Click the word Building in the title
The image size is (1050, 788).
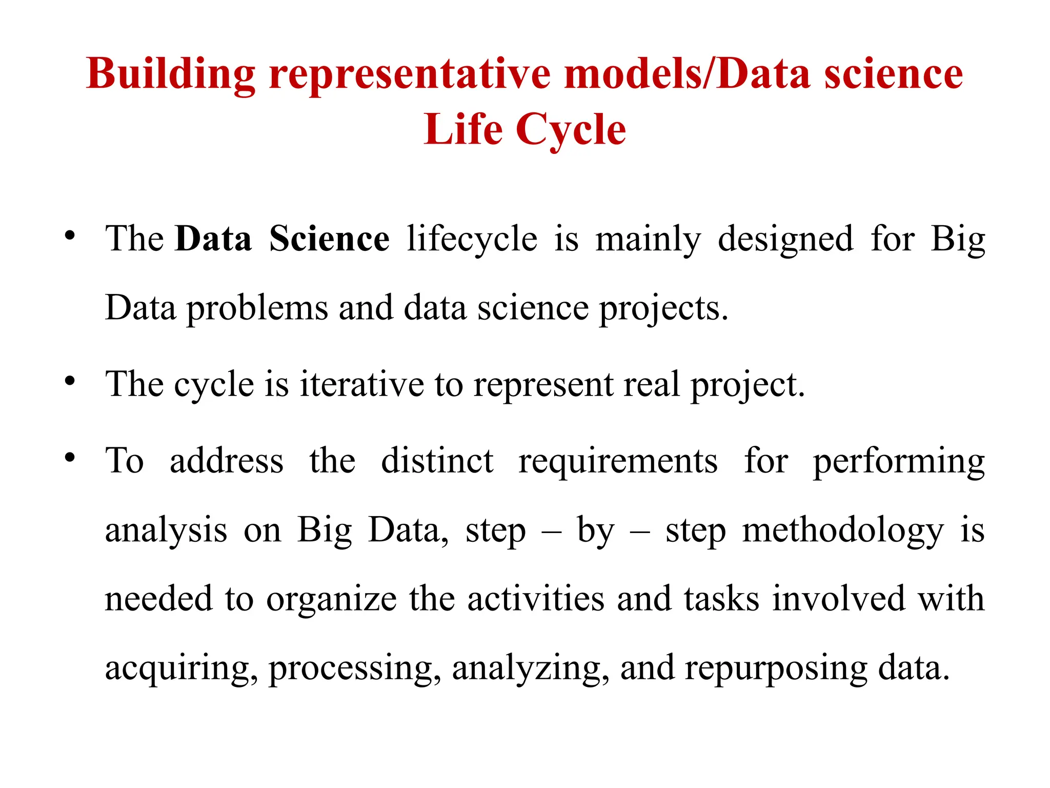pos(171,74)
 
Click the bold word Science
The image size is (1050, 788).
pos(329,239)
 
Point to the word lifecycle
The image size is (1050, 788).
pos(472,239)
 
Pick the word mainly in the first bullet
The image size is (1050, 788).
pos(648,239)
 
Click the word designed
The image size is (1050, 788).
pos(785,239)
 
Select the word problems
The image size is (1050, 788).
pos(257,308)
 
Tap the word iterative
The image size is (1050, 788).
pos(361,384)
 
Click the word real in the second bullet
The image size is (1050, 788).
pos(651,384)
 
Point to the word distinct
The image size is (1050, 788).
pos(437,460)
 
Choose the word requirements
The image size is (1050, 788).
pos(618,460)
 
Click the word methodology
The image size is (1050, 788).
pos(843,530)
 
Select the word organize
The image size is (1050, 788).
pos(331,599)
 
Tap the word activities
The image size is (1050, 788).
pos(536,599)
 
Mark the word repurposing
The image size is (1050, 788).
pos(776,668)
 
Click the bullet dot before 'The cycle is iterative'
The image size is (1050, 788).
pos(70,381)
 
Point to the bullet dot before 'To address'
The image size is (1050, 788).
pos(70,457)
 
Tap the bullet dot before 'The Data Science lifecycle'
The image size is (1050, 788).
pos(70,236)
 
